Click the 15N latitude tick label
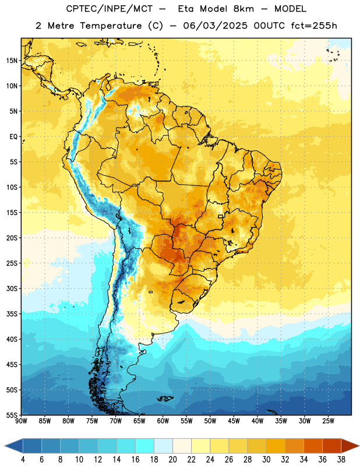[12, 61]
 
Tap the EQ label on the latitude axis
[13, 137]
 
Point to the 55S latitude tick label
[12, 415]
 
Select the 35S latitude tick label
[12, 314]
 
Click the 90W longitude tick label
[22, 421]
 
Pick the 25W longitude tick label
[328, 421]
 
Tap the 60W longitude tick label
[163, 421]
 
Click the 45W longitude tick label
[234, 421]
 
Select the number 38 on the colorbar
[341, 460]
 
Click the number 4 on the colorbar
[23, 460]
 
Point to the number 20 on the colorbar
[172, 460]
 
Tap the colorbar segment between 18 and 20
[164, 446]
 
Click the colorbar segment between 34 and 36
[313, 446]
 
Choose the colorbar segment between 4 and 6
[33, 446]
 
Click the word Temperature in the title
[111, 26]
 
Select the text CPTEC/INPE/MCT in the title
[110, 9]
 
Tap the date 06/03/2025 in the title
[215, 26]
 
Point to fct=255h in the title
[314, 26]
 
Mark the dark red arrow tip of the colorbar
[359, 446]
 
